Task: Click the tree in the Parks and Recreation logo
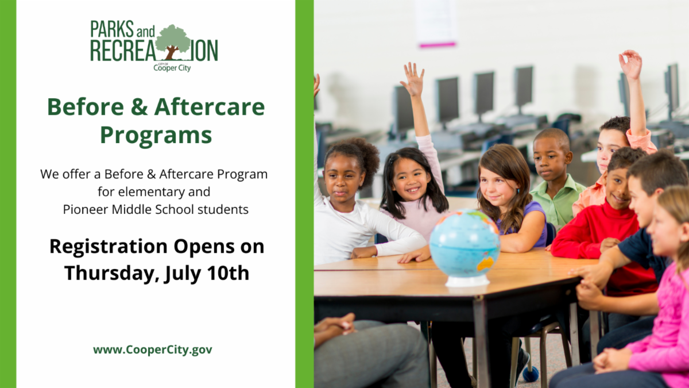(x=173, y=42)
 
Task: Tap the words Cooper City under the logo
(x=172, y=68)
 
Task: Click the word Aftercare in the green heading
(x=210, y=107)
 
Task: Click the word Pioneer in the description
(x=86, y=209)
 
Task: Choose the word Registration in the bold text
(x=109, y=247)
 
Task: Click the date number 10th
(x=228, y=273)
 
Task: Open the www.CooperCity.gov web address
(x=153, y=350)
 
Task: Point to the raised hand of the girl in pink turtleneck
(x=412, y=79)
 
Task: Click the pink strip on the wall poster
(x=438, y=45)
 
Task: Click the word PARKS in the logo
(x=112, y=29)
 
